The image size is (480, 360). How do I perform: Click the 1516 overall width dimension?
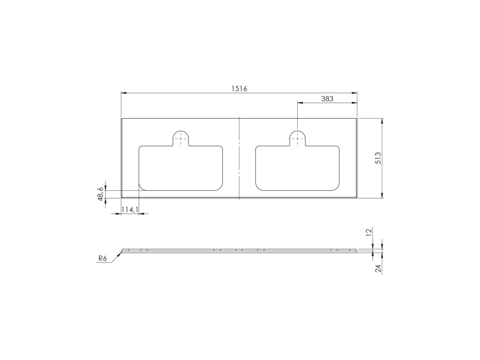coord(239,89)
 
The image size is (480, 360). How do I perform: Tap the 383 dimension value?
coord(327,99)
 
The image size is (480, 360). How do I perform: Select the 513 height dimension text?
coord(378,158)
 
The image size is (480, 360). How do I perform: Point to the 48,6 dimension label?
coord(100,194)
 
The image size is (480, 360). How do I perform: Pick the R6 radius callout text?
coord(103,259)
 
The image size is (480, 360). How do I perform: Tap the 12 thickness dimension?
coord(369,232)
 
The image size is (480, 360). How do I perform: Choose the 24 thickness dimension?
coord(378,269)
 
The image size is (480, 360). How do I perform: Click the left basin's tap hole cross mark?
coord(180,139)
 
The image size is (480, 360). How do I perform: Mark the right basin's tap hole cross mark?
coord(298,139)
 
